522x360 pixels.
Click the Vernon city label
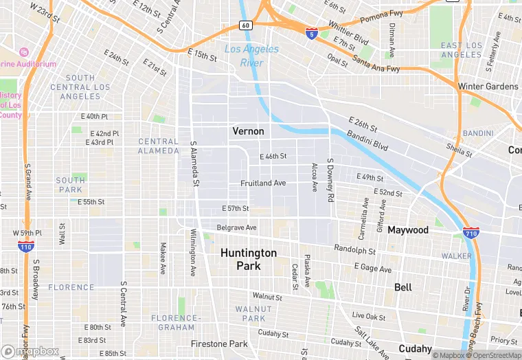coord(248,131)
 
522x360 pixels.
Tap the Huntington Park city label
coord(249,259)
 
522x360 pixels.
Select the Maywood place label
coord(408,230)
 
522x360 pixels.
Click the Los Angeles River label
coord(251,56)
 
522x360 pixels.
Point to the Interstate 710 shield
coord(470,234)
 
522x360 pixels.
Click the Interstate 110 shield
coord(26,245)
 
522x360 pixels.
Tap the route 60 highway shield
coord(245,25)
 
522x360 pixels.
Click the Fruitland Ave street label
coord(263,183)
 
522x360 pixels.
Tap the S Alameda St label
coord(194,164)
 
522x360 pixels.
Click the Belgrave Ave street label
coord(236,227)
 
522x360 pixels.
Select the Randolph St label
coord(354,249)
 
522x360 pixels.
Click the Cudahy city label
coord(416,348)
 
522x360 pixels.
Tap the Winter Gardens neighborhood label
coord(488,87)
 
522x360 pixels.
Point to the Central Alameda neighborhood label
coord(159,146)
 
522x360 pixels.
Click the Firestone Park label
coord(220,344)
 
